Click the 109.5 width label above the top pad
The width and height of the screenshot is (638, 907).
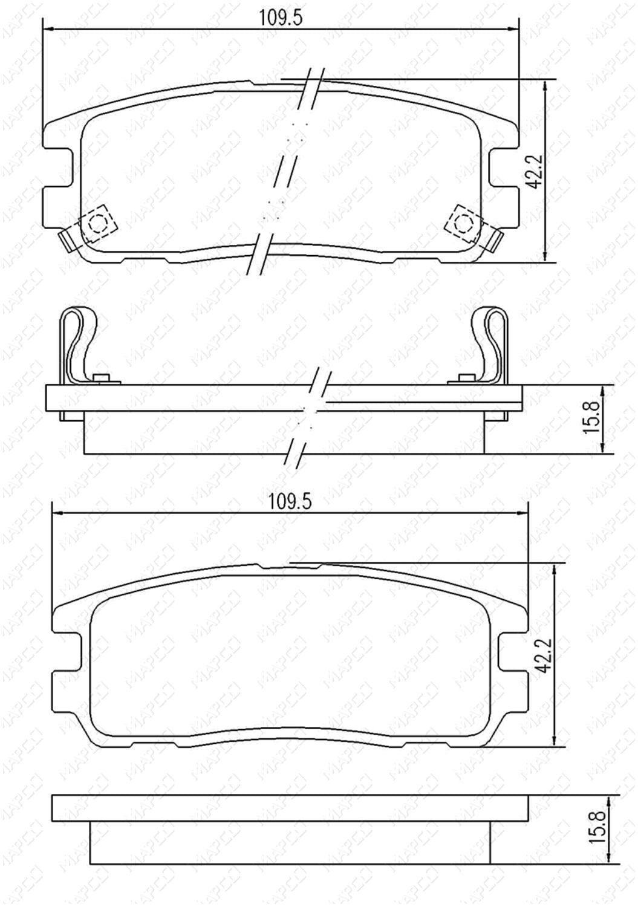tap(280, 18)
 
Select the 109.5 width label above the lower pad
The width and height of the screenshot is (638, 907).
tap(290, 501)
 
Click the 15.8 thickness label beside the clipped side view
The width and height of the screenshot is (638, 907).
tap(593, 418)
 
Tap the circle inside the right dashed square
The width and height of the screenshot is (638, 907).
tap(463, 224)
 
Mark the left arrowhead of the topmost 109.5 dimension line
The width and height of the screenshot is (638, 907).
tap(48, 28)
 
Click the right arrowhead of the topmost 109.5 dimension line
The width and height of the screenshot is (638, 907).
tap(515, 28)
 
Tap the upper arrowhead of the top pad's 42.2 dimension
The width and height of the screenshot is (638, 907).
tap(546, 84)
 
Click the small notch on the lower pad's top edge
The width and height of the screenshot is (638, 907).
tap(261, 567)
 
